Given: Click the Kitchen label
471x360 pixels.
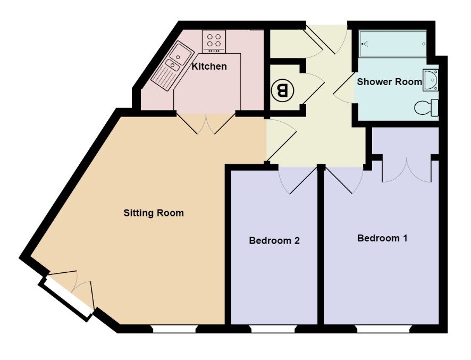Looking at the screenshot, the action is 209,66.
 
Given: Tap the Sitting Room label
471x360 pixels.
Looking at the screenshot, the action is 154,213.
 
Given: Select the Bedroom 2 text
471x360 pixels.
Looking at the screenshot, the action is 274,241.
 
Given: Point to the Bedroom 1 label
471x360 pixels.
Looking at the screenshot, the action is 382,238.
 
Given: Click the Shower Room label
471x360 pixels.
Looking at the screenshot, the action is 389,82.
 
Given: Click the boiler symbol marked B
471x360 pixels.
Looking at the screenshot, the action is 282,90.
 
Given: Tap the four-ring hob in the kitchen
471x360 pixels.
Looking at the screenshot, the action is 214,41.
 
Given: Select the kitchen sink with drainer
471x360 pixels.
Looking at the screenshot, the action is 172,66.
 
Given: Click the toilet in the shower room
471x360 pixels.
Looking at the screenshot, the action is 426,107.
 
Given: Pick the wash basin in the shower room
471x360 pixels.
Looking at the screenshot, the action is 431,80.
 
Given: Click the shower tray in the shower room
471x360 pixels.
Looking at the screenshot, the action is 393,44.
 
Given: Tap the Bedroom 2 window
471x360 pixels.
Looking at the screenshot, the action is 273,329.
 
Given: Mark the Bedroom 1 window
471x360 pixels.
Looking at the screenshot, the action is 384,329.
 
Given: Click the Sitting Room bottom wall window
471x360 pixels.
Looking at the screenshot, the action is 175,329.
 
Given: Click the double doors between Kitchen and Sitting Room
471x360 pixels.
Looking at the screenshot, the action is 206,124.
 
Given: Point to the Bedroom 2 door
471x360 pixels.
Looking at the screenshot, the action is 298,180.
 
